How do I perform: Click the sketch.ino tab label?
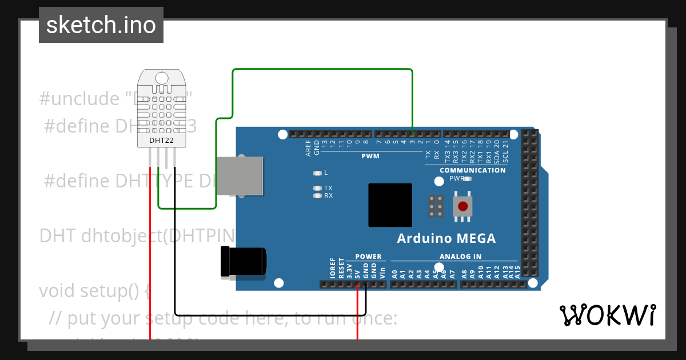[x=101, y=25]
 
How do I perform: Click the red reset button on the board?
[x=462, y=206]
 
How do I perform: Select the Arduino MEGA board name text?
[x=446, y=238]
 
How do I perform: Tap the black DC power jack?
[x=243, y=262]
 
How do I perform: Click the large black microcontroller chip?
[x=390, y=205]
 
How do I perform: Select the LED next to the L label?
[x=317, y=173]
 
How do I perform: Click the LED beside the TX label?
[x=317, y=188]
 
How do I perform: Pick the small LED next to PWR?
[x=468, y=179]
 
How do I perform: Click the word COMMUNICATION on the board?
[x=472, y=170]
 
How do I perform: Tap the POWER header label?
[x=368, y=257]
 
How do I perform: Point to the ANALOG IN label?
[x=460, y=257]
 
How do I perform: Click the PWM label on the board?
[x=370, y=156]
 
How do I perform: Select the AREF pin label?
[x=309, y=149]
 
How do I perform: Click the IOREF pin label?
[x=333, y=268]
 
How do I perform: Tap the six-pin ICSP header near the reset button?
[x=436, y=206]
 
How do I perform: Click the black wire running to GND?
[x=269, y=315]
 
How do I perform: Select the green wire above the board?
[x=320, y=69]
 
